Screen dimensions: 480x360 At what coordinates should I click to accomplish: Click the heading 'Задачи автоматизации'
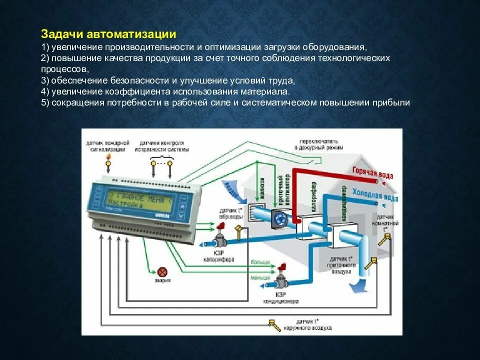108,34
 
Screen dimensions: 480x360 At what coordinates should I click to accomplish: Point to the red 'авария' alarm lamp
162,271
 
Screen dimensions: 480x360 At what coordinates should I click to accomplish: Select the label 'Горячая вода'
372,172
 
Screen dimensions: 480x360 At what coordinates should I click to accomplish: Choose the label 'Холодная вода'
375,195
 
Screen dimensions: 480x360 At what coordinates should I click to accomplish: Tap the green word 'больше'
260,262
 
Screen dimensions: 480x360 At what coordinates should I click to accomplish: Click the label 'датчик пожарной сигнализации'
107,145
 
